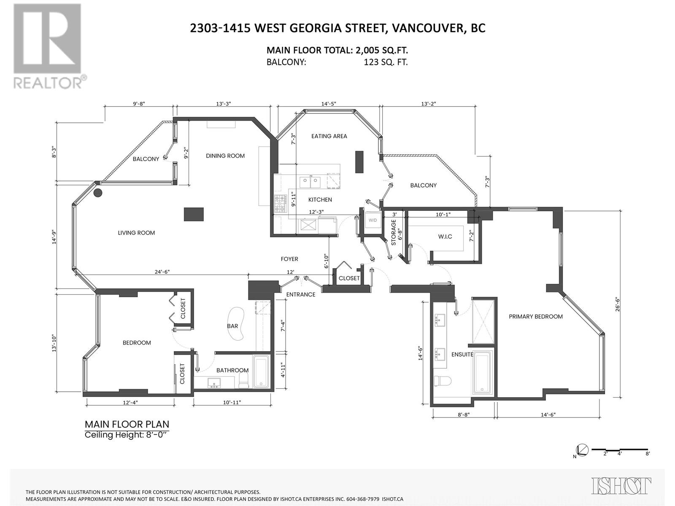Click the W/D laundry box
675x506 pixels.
pos(373,221)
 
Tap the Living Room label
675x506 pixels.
pos(136,233)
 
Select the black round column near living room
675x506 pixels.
pos(98,193)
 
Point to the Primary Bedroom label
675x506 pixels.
pos(535,317)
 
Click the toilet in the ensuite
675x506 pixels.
pos(442,381)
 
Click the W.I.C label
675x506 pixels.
pos(445,237)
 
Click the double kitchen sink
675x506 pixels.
pos(310,182)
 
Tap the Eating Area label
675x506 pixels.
pos(329,136)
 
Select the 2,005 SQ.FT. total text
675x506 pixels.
pos(381,51)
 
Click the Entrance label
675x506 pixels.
pos(300,294)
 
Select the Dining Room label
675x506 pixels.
pos(225,156)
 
